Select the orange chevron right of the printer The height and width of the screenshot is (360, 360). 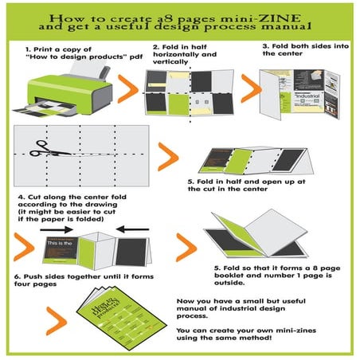pos(128,89)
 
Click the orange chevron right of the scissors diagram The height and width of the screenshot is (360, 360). pos(168,156)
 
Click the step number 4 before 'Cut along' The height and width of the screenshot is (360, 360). pos(21,196)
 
